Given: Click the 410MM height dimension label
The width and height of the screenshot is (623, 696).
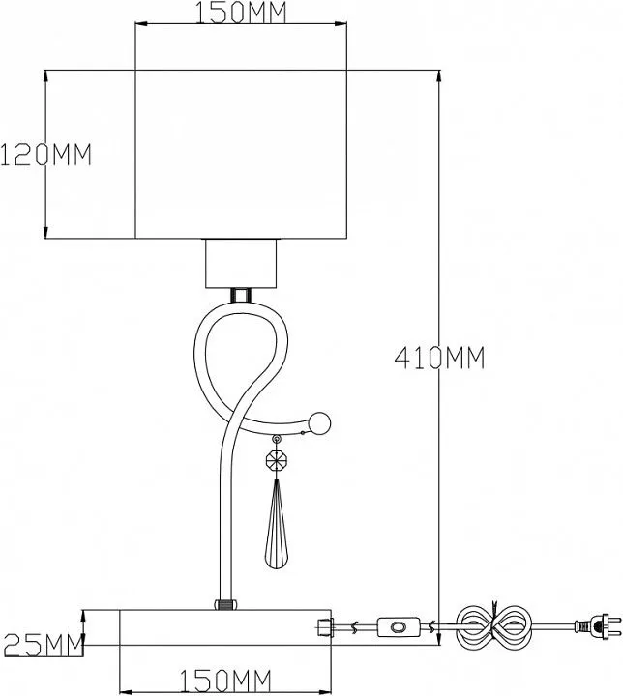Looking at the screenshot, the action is click(439, 359).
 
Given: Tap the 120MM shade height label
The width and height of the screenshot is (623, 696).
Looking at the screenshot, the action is click(45, 155).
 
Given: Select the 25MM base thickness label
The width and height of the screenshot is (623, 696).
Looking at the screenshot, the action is click(44, 645).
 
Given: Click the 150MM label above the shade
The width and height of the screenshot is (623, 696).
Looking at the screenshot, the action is click(241, 12).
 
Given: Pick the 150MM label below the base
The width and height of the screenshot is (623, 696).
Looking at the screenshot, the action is click(224, 681).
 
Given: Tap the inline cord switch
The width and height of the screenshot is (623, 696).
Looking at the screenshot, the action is click(398, 627).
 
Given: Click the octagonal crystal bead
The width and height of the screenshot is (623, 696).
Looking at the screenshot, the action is click(276, 460).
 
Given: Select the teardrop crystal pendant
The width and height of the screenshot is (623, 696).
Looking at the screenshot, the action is click(276, 525).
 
